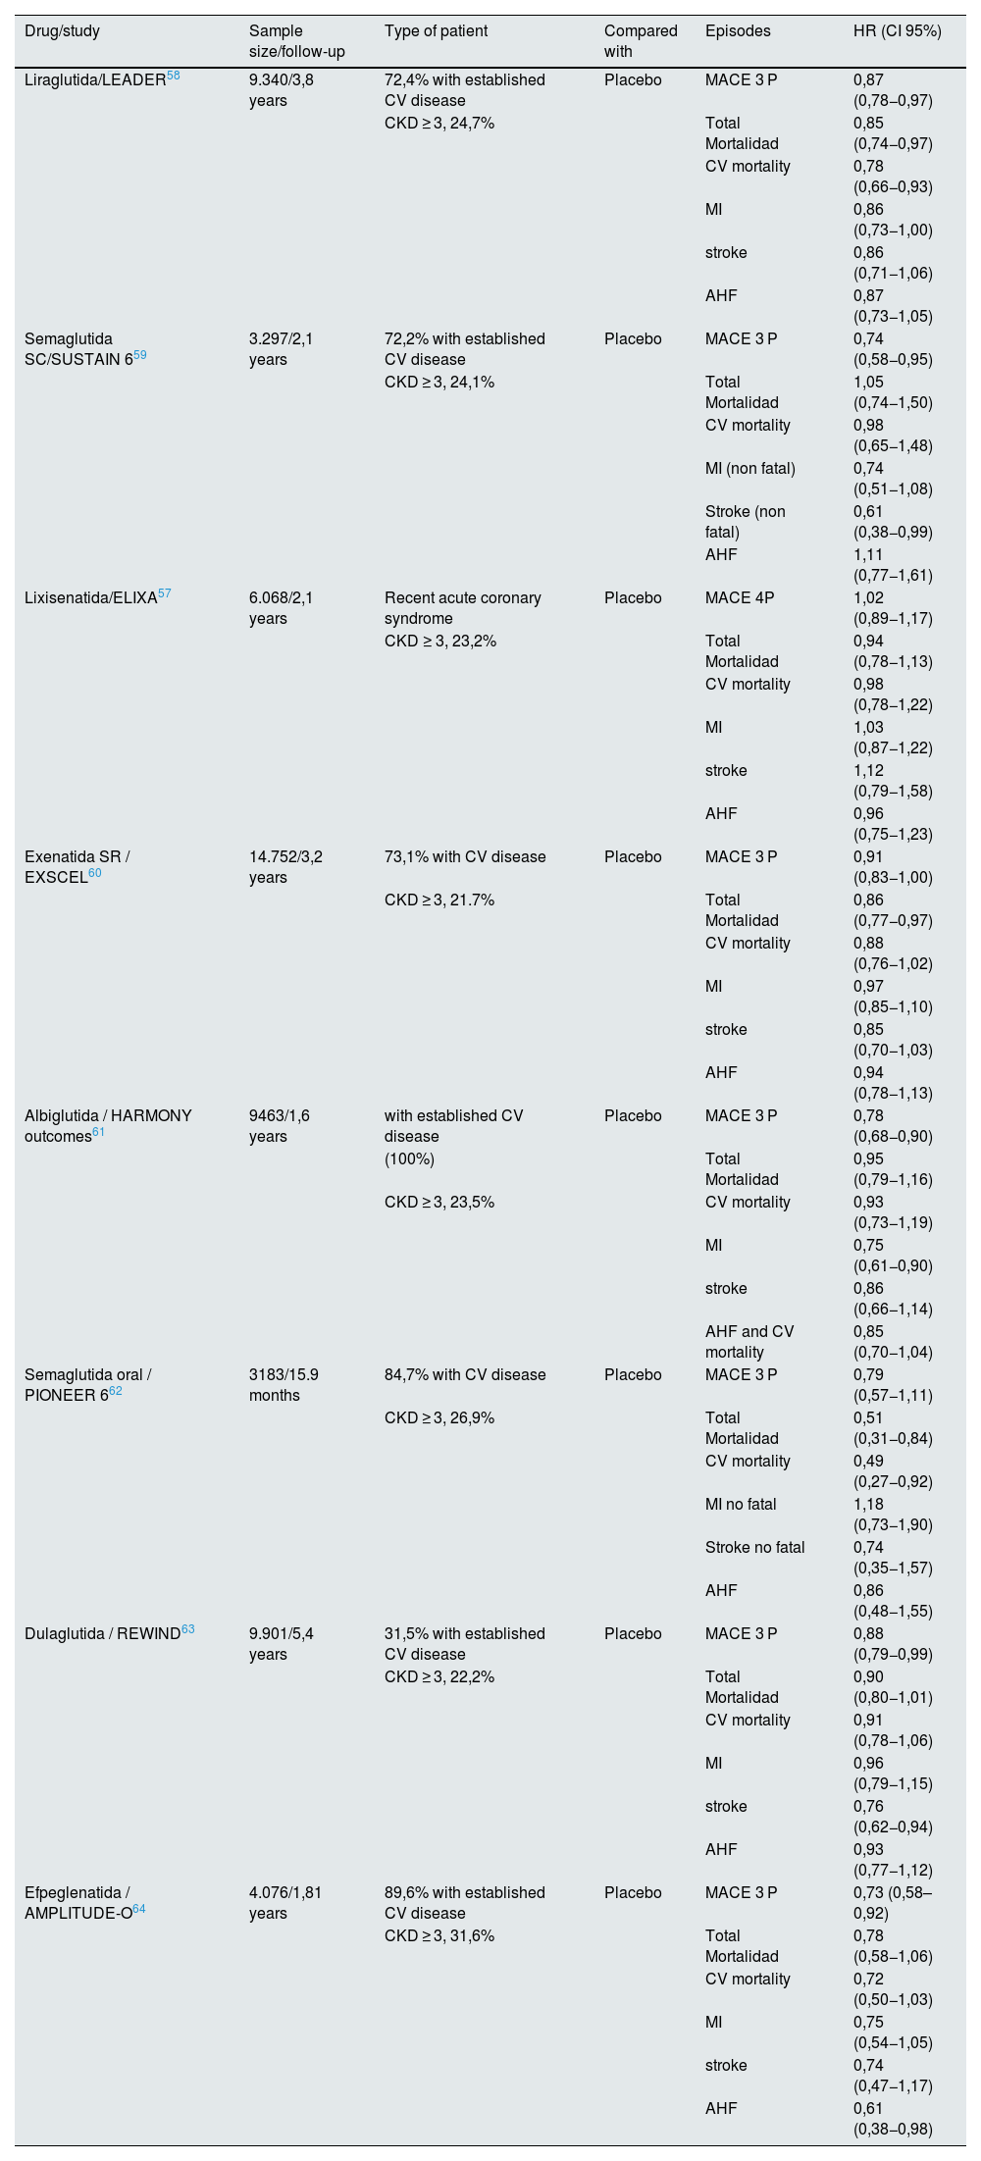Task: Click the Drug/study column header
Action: (62, 30)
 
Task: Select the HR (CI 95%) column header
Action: (898, 30)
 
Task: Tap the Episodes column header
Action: (738, 30)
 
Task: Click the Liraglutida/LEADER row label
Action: (94, 80)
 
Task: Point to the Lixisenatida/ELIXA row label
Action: (90, 598)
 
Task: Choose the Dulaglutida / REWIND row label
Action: (102, 1634)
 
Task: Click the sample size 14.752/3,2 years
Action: (285, 867)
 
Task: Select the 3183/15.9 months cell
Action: (284, 1385)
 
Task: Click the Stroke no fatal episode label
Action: (754, 1548)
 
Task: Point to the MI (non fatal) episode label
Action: (750, 469)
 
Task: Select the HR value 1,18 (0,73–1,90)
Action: (893, 1515)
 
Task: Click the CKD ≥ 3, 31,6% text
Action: (439, 1936)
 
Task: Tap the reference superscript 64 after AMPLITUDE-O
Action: (138, 1909)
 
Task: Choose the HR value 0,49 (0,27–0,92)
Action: (893, 1471)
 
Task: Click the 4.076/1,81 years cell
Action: (285, 1903)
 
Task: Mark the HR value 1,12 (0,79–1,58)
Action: (893, 781)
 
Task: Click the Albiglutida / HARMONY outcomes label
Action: (108, 1126)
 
